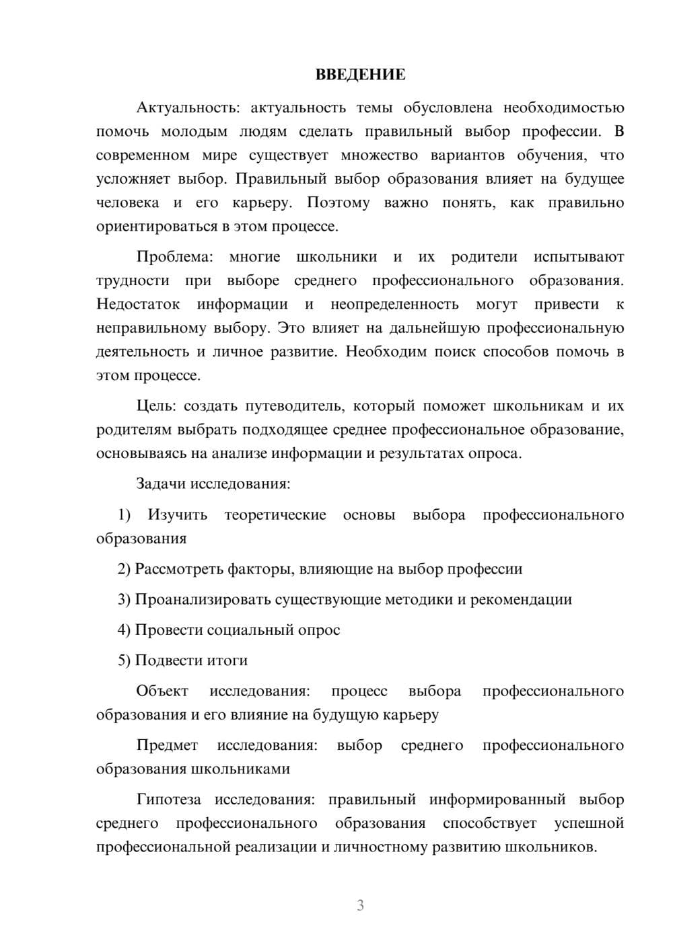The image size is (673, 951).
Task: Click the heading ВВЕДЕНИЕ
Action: pos(360,75)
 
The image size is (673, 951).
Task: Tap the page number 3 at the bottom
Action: pos(360,905)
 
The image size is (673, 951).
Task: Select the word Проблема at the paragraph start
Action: pos(174,257)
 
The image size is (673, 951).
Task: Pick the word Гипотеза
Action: pos(168,800)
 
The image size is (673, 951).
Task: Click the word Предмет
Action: pos(167,745)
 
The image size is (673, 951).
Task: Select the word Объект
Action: pos(162,691)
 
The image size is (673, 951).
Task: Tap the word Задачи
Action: pos(162,484)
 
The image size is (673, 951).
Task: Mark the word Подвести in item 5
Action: pos(164,660)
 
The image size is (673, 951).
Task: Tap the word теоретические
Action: pos(275,515)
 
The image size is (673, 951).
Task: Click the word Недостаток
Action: pos(138,305)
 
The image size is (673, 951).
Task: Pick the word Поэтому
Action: pos(338,202)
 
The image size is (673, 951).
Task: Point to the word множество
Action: pos(379,155)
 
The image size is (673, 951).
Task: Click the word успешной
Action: pos(589,823)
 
